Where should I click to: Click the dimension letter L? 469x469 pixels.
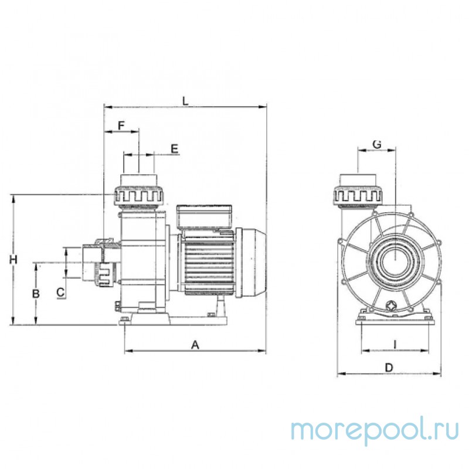[x=185, y=101]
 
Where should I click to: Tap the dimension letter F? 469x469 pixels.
[x=121, y=125]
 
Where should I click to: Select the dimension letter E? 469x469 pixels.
[x=174, y=149]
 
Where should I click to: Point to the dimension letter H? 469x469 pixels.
[x=13, y=259]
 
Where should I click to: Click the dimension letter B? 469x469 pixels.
[x=36, y=294]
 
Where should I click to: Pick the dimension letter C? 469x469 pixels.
[x=61, y=292]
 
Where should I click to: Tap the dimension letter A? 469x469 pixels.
[x=195, y=345]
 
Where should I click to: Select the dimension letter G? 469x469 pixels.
[x=377, y=144]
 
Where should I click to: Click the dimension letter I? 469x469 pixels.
[x=395, y=345]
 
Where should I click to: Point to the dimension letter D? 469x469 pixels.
[x=389, y=368]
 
